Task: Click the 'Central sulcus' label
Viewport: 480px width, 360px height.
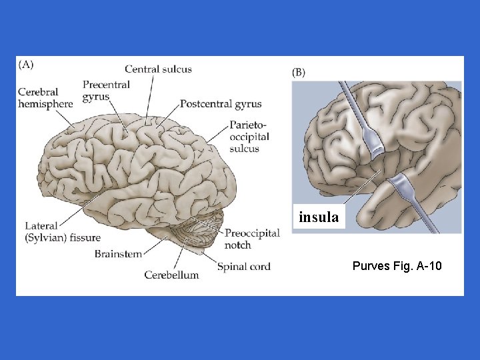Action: (158, 69)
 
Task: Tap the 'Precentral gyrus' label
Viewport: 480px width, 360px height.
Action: (106, 91)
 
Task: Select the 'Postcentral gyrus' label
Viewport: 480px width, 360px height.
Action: (221, 104)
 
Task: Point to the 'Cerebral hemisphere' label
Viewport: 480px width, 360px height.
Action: (45, 98)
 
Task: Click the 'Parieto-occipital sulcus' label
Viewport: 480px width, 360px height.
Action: (249, 137)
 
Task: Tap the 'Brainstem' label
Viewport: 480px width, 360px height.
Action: (117, 253)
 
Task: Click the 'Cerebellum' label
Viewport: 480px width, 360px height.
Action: (171, 275)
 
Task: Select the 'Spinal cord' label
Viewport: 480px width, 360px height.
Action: (243, 267)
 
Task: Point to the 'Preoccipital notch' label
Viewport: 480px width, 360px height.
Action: (252, 239)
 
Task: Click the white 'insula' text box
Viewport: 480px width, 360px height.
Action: (319, 217)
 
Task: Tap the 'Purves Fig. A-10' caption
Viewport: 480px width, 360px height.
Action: (397, 267)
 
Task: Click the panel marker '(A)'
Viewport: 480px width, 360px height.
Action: (26, 65)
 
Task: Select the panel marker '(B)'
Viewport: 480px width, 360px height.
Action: (299, 72)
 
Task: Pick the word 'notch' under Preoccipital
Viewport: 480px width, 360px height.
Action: (238, 245)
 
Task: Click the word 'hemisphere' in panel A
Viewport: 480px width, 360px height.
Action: (45, 104)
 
